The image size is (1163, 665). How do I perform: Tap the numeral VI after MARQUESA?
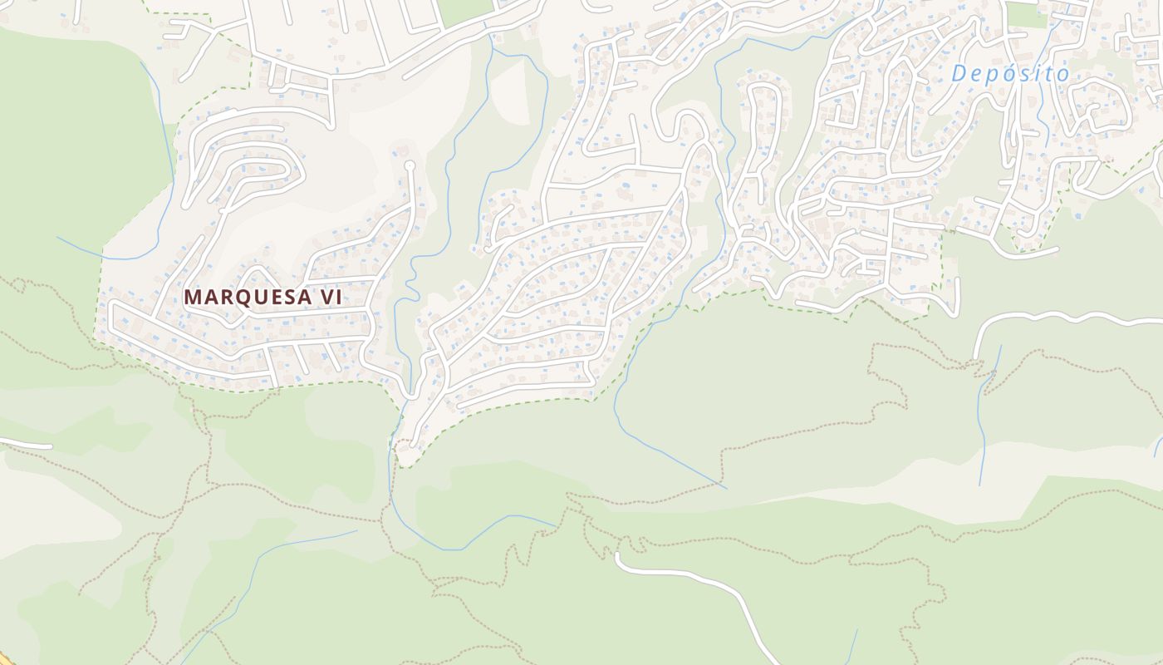[331, 297]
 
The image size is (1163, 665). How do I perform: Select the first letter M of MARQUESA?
[192, 297]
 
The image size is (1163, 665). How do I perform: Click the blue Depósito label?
[1010, 74]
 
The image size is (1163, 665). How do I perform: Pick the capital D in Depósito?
[959, 74]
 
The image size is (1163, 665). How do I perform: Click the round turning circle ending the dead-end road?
[409, 166]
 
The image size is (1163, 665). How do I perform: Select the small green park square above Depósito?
[1026, 15]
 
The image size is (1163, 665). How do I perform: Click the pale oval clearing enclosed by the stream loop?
[510, 91]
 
